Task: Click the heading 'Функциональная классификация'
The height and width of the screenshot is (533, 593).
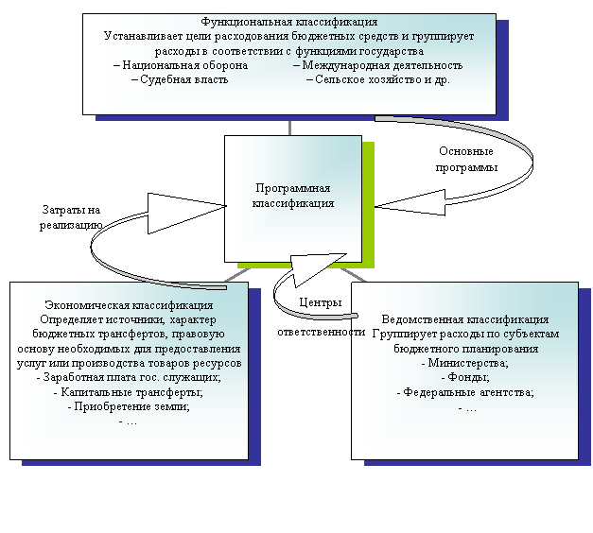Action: point(289,21)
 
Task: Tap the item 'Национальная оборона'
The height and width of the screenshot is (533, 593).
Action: point(185,66)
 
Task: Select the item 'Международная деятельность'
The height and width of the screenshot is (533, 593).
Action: point(377,66)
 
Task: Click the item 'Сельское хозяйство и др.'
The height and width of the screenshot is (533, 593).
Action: point(378,80)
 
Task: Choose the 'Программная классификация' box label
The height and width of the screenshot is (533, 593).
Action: point(293,196)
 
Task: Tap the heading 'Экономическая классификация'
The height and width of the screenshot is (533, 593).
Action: point(129,305)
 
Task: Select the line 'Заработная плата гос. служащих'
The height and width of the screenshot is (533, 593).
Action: point(129,377)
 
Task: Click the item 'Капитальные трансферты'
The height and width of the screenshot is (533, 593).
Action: point(129,391)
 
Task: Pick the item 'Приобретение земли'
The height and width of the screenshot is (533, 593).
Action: point(129,406)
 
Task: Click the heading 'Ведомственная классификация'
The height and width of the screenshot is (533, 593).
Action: point(464,319)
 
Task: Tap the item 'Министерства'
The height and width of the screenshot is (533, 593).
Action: point(464,363)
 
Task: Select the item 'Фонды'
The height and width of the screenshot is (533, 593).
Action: point(464,377)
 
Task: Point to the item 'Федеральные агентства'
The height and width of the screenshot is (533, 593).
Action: point(464,391)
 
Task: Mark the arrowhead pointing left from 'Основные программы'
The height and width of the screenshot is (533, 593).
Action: point(417,201)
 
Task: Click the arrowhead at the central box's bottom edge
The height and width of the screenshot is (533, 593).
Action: point(308,270)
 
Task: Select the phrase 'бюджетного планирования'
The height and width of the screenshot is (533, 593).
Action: point(464,349)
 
